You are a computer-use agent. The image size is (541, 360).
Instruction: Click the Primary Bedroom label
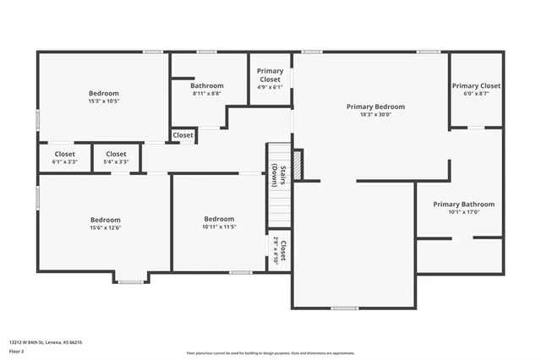click(x=375, y=107)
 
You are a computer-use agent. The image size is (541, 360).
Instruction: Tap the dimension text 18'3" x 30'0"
click(x=375, y=115)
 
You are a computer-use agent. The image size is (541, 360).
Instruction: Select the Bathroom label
click(x=206, y=85)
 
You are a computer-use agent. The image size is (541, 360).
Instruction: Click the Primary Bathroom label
click(x=463, y=205)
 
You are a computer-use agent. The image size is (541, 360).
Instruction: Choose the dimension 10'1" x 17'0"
click(x=463, y=212)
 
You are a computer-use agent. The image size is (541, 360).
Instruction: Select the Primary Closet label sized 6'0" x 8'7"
click(x=476, y=86)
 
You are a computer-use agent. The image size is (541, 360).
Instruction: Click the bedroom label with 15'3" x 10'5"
click(x=104, y=93)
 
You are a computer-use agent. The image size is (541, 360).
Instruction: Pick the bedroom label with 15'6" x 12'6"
click(x=106, y=220)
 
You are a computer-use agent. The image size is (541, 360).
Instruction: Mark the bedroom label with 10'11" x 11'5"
click(x=218, y=219)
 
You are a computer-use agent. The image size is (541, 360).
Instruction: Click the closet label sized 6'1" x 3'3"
click(x=65, y=154)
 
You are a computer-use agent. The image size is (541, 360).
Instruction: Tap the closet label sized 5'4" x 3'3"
click(x=116, y=154)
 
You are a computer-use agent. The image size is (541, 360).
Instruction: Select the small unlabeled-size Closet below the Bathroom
click(x=183, y=135)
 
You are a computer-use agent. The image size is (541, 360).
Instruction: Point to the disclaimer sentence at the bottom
click(x=270, y=352)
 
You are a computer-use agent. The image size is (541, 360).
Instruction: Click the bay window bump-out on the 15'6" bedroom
click(x=130, y=277)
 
